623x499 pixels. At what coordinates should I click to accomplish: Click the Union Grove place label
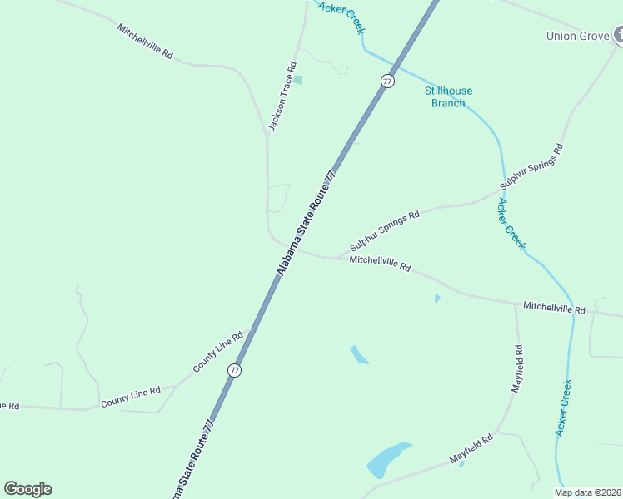point(578,36)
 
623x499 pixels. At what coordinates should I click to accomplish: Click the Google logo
point(27,489)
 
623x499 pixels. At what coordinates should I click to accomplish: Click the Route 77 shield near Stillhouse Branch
point(387,81)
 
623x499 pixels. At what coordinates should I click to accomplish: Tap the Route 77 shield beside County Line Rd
point(235,370)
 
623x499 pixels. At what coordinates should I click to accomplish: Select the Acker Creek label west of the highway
point(342,17)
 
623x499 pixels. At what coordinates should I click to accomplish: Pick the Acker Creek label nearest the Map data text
point(564,408)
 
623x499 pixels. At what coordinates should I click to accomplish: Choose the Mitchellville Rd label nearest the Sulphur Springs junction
point(381,264)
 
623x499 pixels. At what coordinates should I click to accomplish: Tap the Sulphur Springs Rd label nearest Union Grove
point(532,166)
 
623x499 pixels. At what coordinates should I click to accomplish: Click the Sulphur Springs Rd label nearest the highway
point(385,230)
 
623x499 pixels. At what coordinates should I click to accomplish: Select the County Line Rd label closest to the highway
point(217,353)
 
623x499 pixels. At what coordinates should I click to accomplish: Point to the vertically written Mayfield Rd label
point(517,368)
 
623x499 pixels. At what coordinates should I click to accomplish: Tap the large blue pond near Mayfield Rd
point(387,459)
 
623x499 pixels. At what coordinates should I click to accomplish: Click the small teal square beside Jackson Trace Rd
point(297,80)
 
